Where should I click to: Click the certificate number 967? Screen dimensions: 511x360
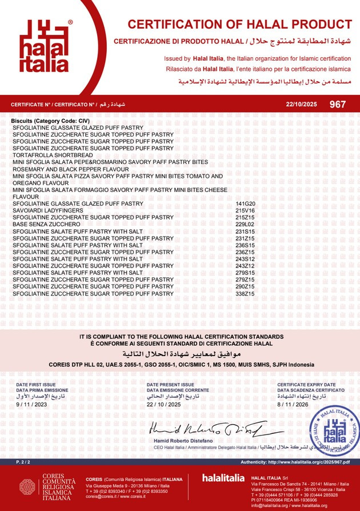(338, 104)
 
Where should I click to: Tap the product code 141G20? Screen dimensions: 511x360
(245, 203)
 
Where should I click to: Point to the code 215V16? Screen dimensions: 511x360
(245, 210)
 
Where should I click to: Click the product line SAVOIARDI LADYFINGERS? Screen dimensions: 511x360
(48, 210)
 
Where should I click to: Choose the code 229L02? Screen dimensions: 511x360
(245, 224)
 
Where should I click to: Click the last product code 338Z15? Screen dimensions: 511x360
(245, 293)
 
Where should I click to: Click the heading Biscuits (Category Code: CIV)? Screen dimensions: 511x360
(50, 121)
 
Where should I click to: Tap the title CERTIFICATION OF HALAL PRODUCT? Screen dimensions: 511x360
(239, 25)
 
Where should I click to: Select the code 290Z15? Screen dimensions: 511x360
(245, 286)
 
